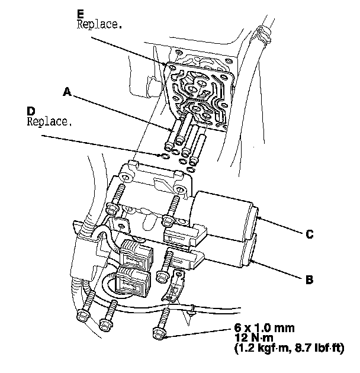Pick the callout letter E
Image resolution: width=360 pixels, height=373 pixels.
[x=81, y=12]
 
